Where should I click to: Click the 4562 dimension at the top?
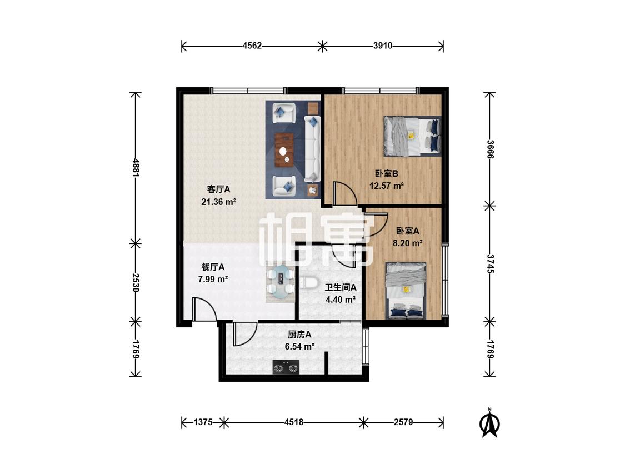(252, 46)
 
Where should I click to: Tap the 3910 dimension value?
(383, 46)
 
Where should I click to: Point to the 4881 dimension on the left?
(136, 168)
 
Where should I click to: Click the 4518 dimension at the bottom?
(294, 422)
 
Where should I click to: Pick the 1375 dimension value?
(203, 422)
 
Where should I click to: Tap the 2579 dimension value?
(403, 422)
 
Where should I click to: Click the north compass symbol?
(489, 423)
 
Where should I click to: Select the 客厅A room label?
(218, 189)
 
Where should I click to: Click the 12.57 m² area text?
(387, 186)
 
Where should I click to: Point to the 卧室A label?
(407, 231)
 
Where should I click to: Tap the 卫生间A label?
(341, 287)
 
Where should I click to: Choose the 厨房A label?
(299, 334)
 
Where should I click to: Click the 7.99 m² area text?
(213, 279)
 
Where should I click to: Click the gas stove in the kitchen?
(286, 367)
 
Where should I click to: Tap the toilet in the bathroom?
(308, 283)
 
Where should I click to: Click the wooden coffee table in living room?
(284, 149)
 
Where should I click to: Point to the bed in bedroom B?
(412, 136)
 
